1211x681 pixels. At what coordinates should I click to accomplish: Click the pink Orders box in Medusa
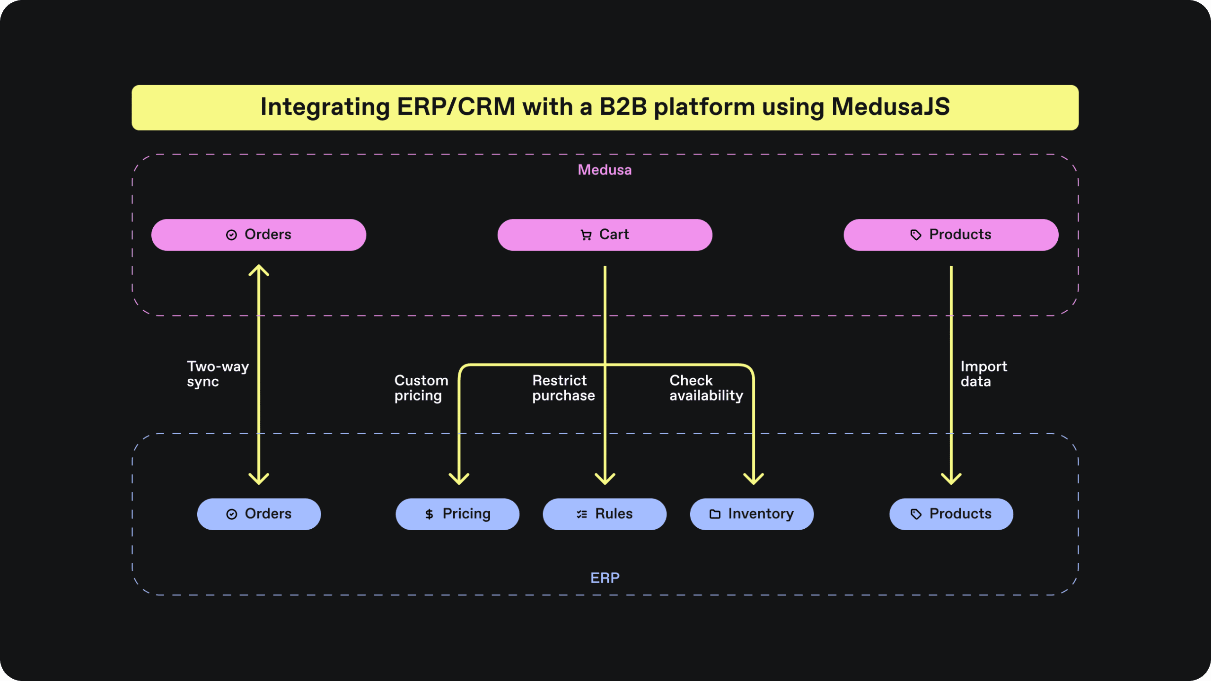coord(258,235)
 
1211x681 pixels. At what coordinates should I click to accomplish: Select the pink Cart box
coord(605,235)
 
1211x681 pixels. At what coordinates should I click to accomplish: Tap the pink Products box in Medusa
coord(951,235)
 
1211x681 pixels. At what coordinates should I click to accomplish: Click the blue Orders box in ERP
coord(259,514)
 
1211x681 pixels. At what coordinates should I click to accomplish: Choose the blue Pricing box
coord(457,514)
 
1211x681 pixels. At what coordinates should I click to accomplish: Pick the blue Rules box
coord(605,514)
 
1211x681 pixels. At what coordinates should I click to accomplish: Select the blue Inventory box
coord(752,514)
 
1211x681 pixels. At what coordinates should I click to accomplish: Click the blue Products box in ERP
coord(951,514)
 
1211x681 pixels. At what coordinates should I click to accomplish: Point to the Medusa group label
coord(605,170)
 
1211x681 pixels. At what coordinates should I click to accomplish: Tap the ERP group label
coord(605,578)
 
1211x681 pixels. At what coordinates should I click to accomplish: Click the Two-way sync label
coord(218,374)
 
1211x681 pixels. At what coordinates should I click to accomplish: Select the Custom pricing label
coord(421,388)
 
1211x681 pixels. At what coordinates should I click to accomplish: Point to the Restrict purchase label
coord(563,388)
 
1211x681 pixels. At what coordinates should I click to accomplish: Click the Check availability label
coord(706,388)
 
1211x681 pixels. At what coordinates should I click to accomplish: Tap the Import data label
coord(983,374)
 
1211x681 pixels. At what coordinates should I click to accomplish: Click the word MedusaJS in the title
coord(890,107)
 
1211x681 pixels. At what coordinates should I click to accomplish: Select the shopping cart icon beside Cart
coord(586,235)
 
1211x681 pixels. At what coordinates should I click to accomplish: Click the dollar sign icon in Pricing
coord(429,514)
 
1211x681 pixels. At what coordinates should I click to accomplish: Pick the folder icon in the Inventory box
coord(715,514)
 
